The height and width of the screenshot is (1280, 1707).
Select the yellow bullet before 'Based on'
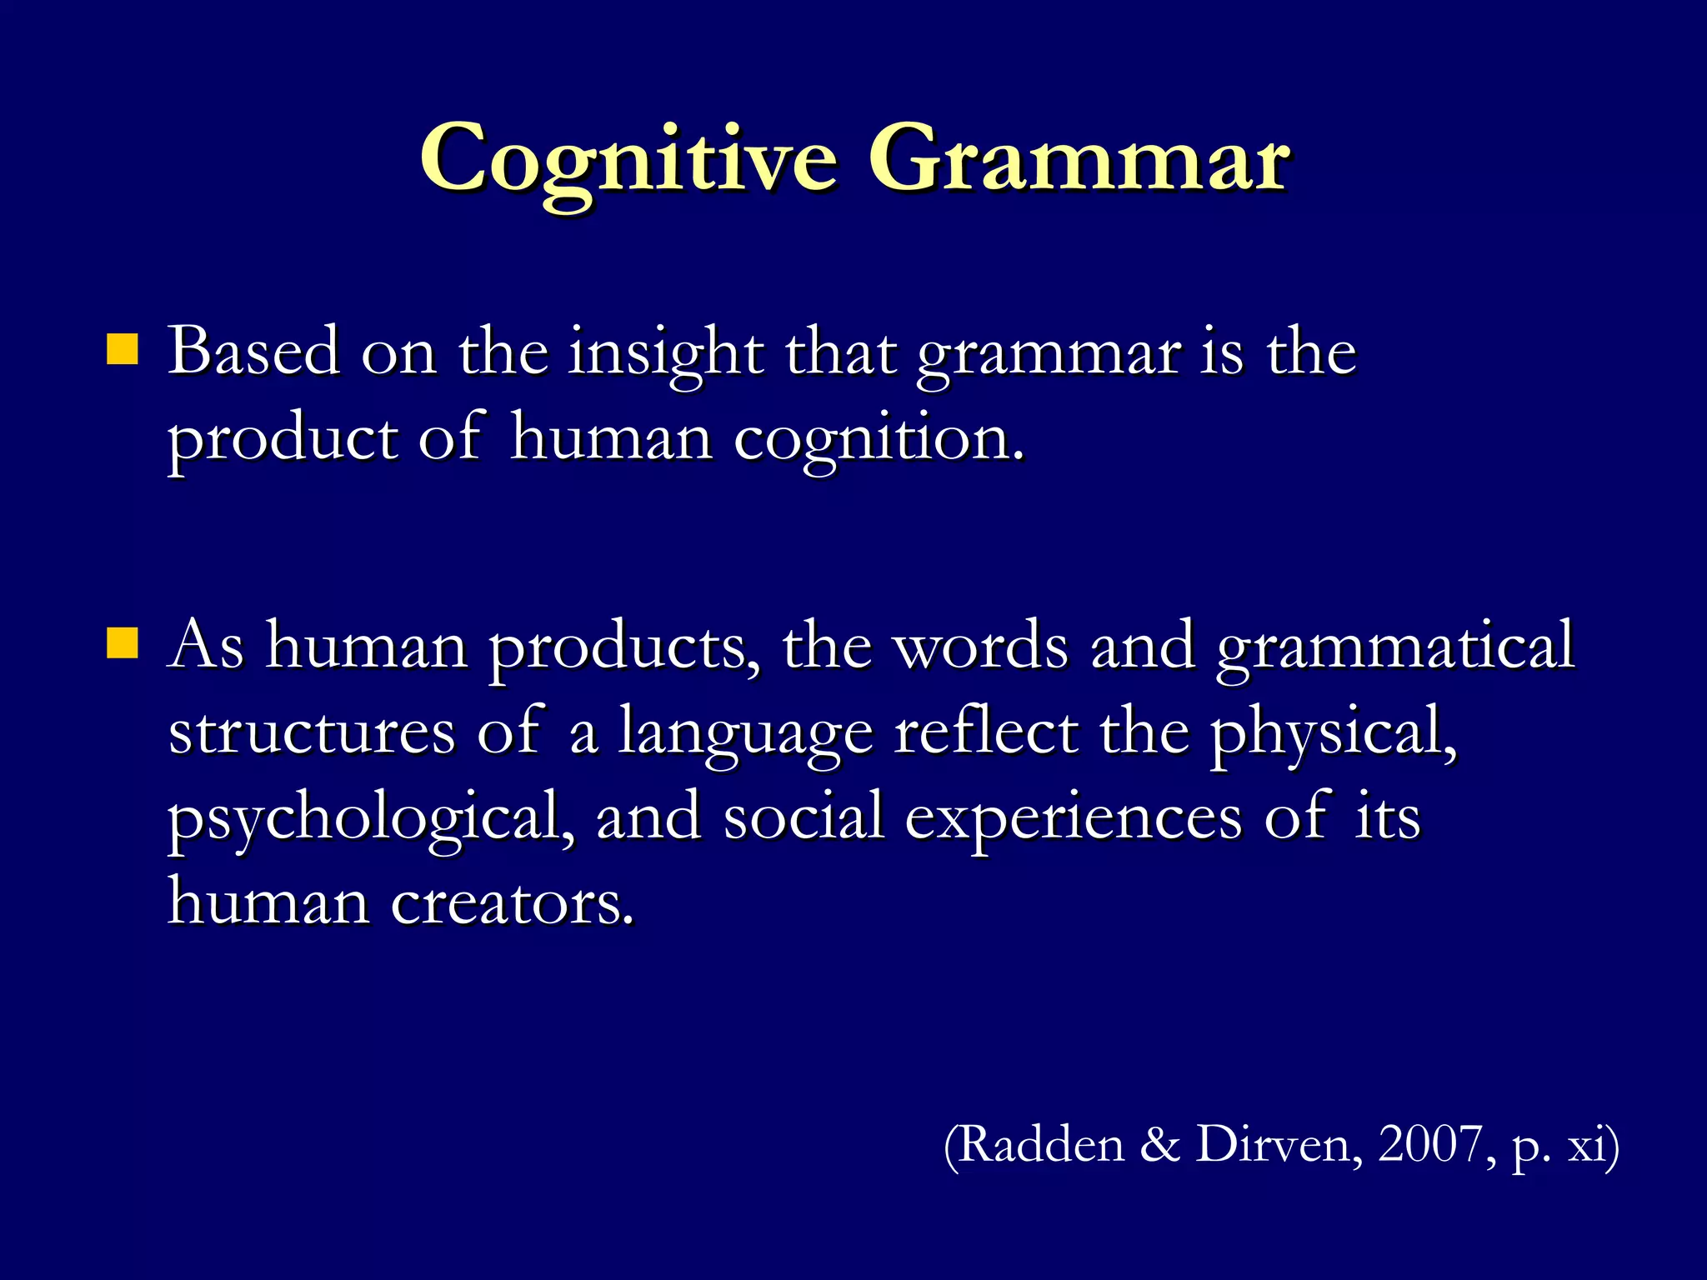[x=122, y=350]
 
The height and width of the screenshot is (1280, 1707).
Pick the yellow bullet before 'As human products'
[x=122, y=643]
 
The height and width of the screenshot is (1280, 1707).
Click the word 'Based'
[x=253, y=352]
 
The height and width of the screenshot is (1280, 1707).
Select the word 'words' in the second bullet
[x=981, y=646]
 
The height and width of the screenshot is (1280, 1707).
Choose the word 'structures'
[x=312, y=732]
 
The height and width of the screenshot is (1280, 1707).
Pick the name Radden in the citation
[x=1034, y=1145]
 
